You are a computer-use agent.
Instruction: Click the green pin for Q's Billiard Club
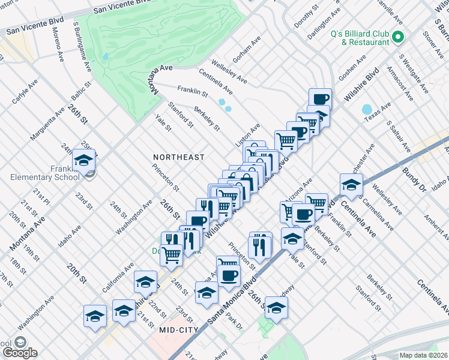pos(397,38)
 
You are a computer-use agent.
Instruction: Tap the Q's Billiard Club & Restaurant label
pos(360,38)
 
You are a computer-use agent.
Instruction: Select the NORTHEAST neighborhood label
pos(179,157)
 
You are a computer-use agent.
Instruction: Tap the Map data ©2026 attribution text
pos(423,355)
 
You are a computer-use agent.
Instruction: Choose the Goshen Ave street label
pos(352,68)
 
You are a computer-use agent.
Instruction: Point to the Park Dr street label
pos(234,320)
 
